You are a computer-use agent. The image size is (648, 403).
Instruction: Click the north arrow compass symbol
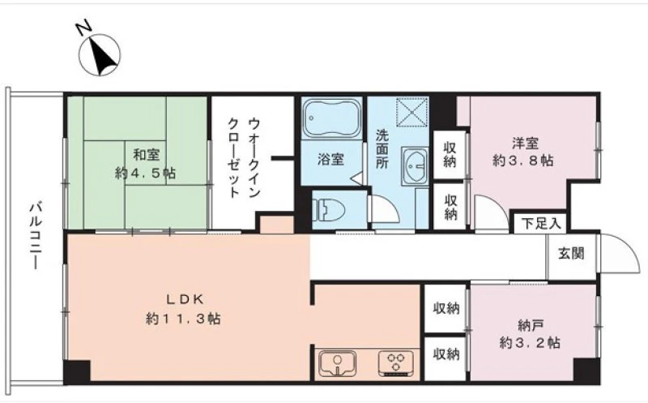point(100,55)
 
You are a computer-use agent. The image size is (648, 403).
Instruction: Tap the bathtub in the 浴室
point(332,118)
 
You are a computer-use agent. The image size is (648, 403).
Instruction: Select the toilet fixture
point(329,210)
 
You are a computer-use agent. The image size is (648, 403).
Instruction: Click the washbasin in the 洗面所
point(415,165)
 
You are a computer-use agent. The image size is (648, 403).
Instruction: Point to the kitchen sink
point(338,363)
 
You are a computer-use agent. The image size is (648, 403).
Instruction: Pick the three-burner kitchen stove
point(396,363)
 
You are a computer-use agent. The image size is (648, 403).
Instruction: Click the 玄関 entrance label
point(572,253)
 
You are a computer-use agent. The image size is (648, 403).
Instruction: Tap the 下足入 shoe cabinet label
point(540,224)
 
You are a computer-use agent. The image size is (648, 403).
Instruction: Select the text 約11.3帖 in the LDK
point(183,319)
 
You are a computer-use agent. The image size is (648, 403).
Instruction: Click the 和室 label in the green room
point(146,156)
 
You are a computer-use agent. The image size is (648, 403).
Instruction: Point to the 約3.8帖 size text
point(522,161)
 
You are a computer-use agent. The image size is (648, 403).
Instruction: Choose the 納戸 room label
point(530,326)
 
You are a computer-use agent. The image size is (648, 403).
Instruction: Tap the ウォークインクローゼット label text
point(245,158)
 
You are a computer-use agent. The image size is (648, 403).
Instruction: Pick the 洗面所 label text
point(382,149)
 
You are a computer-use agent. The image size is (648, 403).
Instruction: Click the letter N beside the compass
point(84,28)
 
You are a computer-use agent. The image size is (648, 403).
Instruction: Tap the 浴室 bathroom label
point(330,159)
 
